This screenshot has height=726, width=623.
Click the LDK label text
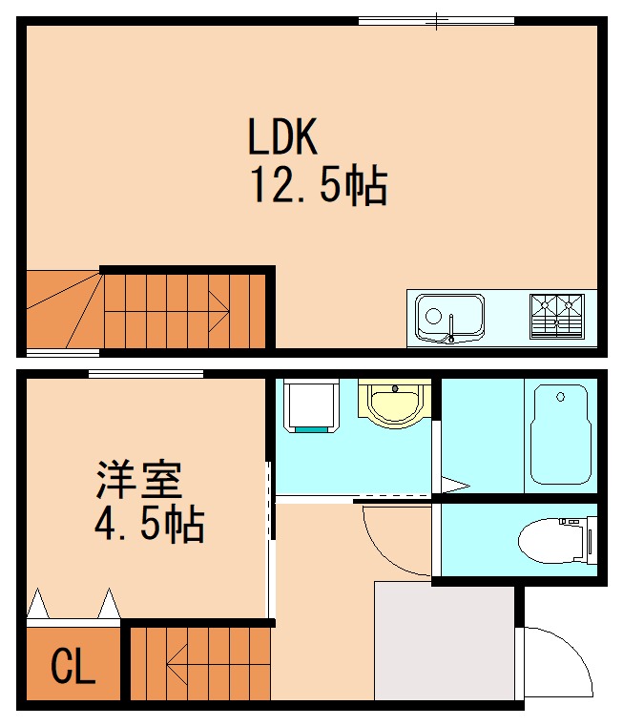pyautogui.click(x=281, y=138)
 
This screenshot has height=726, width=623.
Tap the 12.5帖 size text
pyautogui.click(x=318, y=185)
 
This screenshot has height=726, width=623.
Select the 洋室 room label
pyautogui.click(x=138, y=480)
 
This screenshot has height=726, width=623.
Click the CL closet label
pyautogui.click(x=73, y=667)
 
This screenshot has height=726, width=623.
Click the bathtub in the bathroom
pyautogui.click(x=561, y=434)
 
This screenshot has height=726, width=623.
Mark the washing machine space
pyautogui.click(x=311, y=405)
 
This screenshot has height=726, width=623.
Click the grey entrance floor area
pyautogui.click(x=444, y=641)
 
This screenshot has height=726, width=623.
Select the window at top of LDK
pyautogui.click(x=436, y=20)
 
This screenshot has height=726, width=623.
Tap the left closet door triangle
pyautogui.click(x=38, y=604)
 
